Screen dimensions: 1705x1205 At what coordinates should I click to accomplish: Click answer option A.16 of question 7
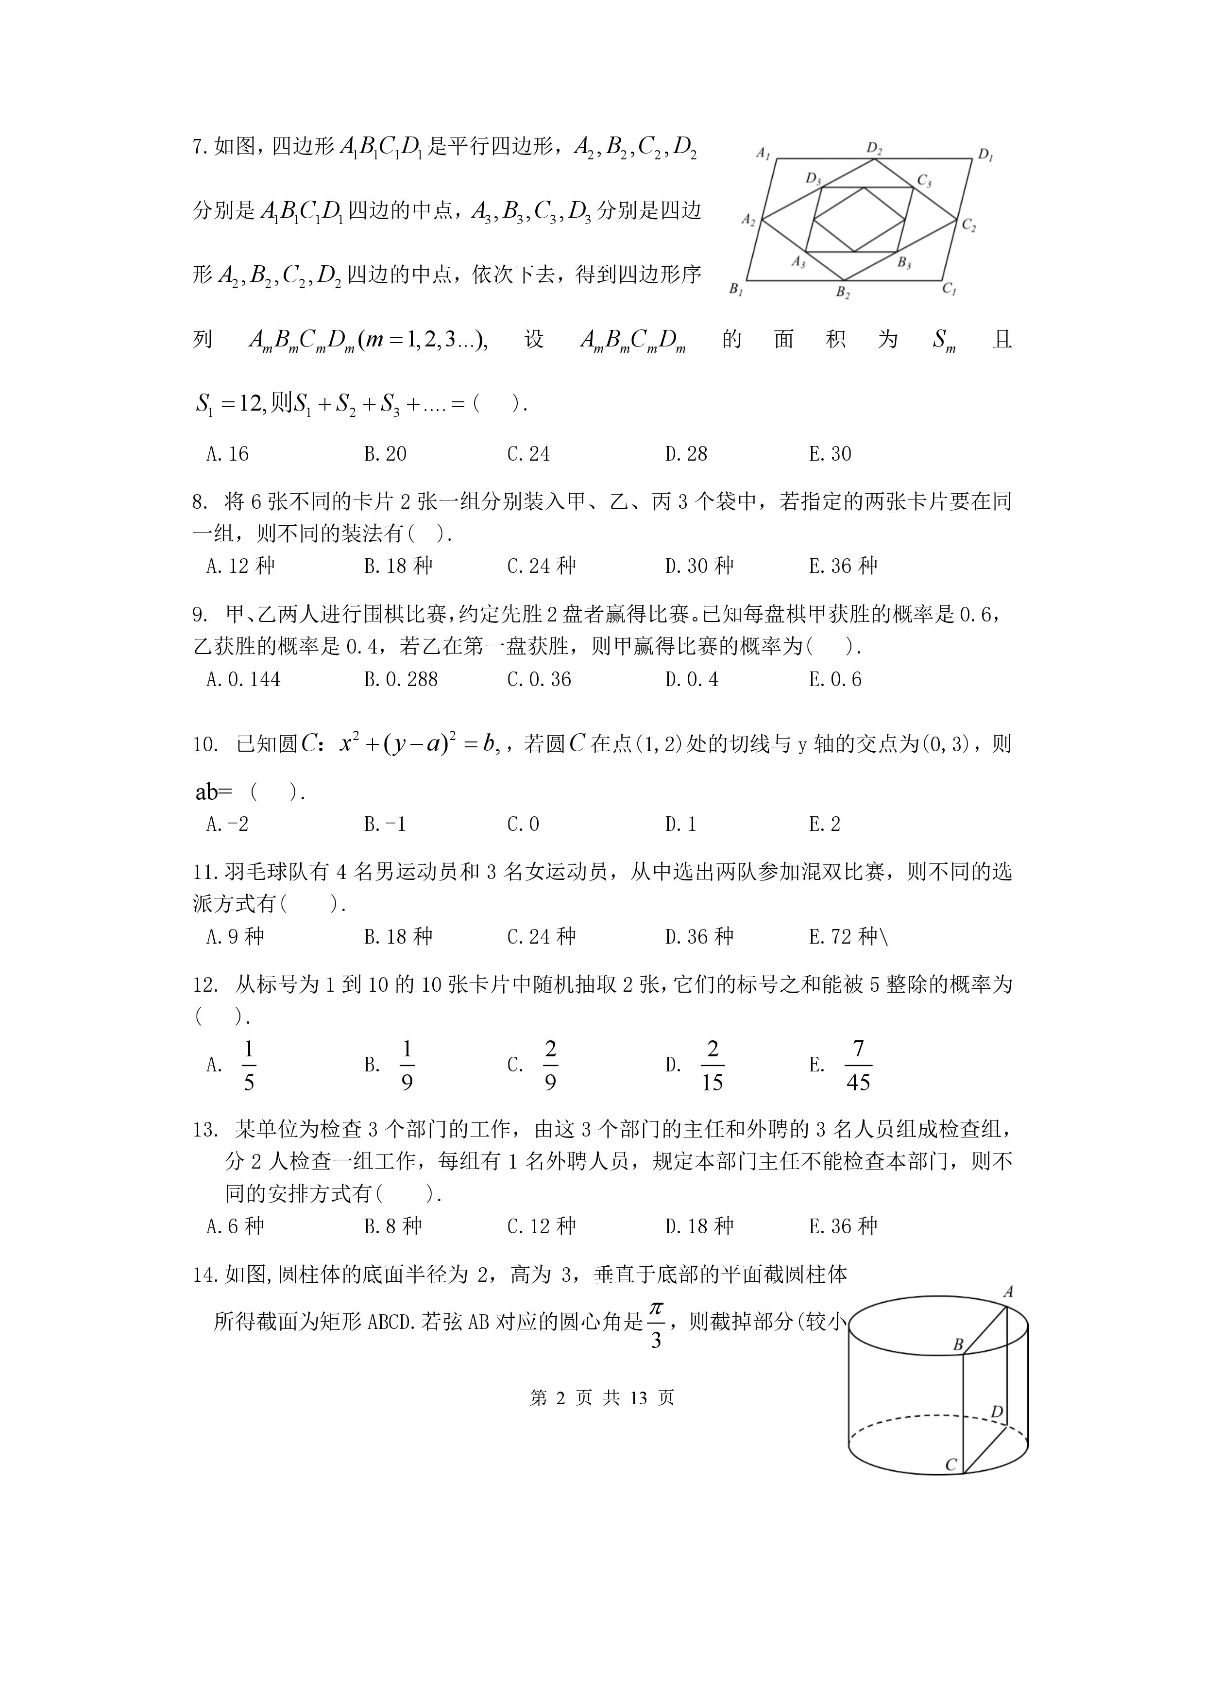coord(227,454)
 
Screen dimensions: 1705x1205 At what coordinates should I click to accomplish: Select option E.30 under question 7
coord(830,454)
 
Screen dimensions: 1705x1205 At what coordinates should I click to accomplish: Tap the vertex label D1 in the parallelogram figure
coord(985,155)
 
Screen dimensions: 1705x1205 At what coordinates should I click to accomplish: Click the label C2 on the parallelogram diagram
coord(968,224)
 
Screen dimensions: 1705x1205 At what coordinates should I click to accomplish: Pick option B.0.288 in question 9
coord(401,679)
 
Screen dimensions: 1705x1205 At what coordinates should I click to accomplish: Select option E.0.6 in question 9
coord(835,679)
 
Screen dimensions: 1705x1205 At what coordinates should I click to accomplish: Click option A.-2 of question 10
coord(227,824)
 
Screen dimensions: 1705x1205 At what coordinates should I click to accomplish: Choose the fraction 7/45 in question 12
coord(858,1065)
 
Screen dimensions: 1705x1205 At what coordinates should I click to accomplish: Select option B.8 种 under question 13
coord(393,1225)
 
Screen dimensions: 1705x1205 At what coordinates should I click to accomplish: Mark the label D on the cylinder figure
coord(997,1412)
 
